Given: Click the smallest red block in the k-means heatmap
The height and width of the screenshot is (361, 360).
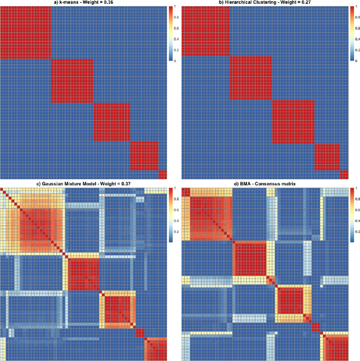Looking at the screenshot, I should pos(163,174).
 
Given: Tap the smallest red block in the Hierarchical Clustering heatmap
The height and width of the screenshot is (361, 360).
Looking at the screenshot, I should pos(344,174).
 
